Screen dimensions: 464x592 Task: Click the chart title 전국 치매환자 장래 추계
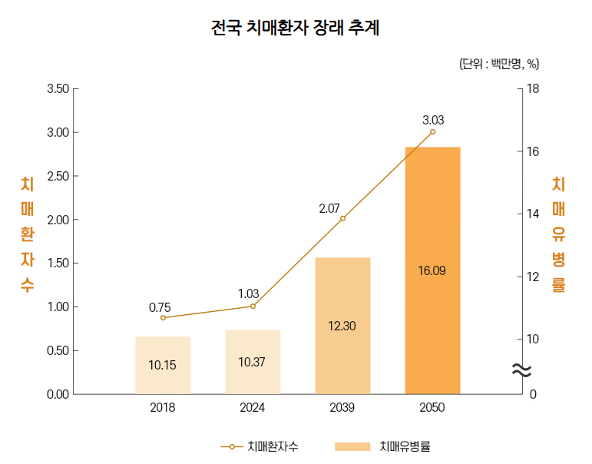tap(296, 28)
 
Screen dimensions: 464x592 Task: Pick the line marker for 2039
tap(342, 218)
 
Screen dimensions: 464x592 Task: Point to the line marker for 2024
tap(253, 306)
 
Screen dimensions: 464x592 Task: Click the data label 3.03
tap(433, 120)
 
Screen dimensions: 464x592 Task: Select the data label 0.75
tap(160, 307)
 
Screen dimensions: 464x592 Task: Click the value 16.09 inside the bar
tap(432, 270)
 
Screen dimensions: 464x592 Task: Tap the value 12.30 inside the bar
tap(342, 326)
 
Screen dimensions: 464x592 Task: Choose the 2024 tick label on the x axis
tap(253, 407)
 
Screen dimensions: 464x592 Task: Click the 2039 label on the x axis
tap(342, 407)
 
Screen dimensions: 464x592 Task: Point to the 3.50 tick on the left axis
tap(58, 89)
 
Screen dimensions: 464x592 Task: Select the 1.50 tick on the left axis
tap(58, 263)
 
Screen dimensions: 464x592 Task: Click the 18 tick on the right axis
tap(533, 89)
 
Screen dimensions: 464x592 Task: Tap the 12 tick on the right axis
tap(533, 277)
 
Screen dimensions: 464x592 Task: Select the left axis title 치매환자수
tap(27, 234)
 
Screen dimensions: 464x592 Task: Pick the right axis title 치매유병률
tap(558, 234)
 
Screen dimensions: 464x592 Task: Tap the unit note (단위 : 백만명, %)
tap(498, 64)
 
